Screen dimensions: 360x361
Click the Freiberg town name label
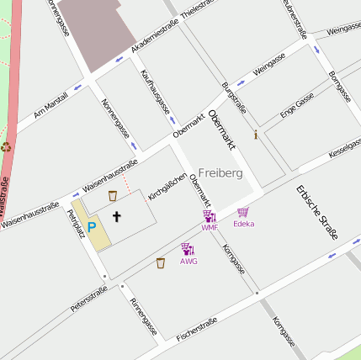coord(220,172)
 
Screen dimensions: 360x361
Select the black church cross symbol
coord(117,217)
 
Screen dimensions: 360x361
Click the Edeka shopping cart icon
coord(243,213)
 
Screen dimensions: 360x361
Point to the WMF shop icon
coord(210,217)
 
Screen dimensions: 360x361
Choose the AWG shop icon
coord(188,249)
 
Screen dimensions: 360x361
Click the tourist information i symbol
coord(256,134)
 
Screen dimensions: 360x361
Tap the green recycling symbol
coord(7,146)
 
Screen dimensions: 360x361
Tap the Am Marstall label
coord(50,104)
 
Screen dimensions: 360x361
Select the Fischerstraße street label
coord(197,328)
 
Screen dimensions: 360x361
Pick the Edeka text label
coord(243,224)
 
